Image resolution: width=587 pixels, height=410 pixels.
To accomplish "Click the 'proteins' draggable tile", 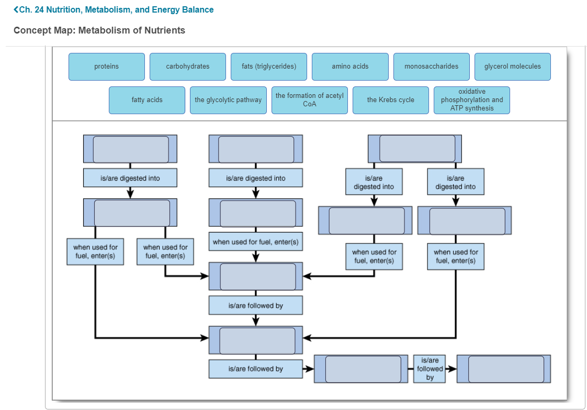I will coord(107,67).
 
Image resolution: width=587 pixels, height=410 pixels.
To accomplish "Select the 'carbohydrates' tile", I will coord(188,67).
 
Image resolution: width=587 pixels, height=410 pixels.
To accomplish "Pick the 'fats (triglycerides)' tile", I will coord(269,67).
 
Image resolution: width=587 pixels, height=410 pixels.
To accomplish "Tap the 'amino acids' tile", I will coord(350,67).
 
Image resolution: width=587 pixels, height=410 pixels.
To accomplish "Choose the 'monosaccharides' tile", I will coord(431,67).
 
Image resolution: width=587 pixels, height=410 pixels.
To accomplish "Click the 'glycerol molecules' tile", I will coord(513,67).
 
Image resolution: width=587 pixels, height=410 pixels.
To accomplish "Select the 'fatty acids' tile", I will coord(147,100).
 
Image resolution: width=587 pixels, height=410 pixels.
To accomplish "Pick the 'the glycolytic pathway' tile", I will coord(228,100).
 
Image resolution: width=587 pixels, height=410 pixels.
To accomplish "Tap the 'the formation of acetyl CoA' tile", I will coord(309,100).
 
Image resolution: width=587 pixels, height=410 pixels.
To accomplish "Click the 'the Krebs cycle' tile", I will coord(390,100).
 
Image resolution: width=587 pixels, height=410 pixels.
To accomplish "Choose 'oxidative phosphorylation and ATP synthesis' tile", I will coord(471,100).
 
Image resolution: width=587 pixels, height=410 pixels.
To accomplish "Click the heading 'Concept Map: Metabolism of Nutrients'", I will coord(99,30).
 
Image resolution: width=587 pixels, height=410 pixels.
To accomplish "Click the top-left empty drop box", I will coord(131,149).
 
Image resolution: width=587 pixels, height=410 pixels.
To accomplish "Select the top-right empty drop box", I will coord(417,149).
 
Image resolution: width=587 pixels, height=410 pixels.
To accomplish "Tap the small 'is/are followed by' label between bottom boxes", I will coord(430,369).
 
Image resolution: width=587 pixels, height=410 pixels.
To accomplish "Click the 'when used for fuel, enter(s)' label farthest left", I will coord(95,252).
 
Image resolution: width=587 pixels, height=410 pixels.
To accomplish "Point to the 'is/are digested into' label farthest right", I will coord(456,182).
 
